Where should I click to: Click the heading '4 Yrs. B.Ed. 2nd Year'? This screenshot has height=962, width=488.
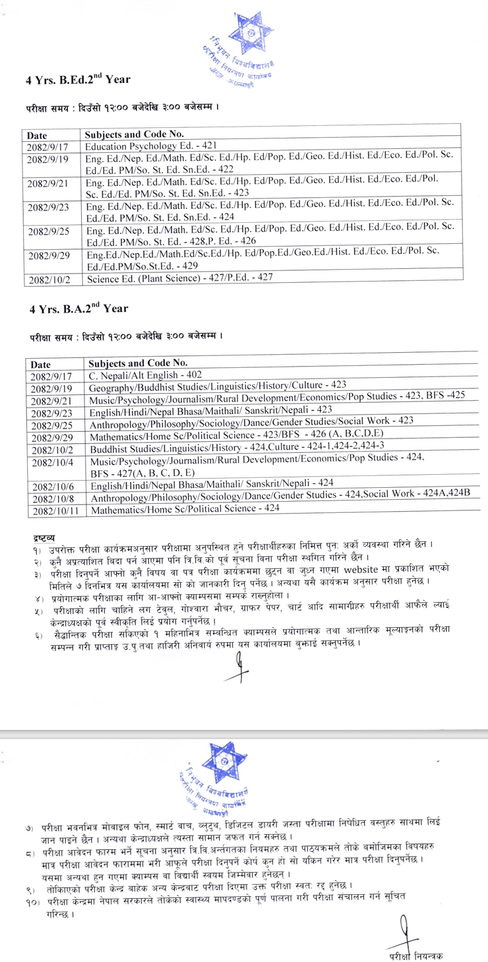[78, 79]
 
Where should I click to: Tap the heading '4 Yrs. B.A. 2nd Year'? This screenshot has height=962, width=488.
[78, 308]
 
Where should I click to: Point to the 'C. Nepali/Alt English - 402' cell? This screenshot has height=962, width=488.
[145, 374]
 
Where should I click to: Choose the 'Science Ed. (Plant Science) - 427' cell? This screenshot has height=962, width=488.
[179, 280]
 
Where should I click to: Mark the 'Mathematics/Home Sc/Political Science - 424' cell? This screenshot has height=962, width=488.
[185, 509]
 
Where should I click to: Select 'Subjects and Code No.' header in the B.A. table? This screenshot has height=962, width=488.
[138, 363]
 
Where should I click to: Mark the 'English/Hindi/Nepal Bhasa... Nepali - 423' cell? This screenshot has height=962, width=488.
[211, 409]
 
